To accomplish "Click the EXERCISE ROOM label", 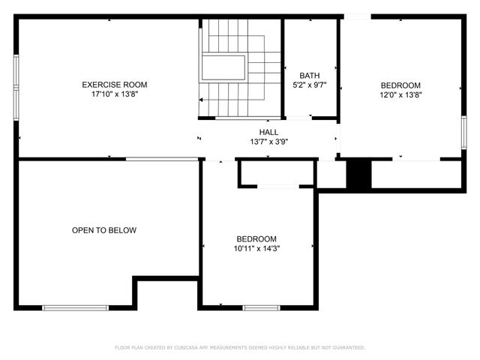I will click(x=114, y=85).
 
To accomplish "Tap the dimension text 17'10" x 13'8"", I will click(x=114, y=94).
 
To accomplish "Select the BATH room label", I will click(x=309, y=75).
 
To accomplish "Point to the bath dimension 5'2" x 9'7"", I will click(x=309, y=85).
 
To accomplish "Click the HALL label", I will click(x=268, y=132).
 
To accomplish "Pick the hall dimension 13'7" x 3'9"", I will click(x=268, y=142).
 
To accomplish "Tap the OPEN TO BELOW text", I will click(x=104, y=230).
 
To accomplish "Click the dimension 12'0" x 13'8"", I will click(x=400, y=94).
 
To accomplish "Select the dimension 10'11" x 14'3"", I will click(x=256, y=248).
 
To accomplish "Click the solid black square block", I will click(x=358, y=174).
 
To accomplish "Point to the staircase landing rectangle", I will click(x=222, y=67).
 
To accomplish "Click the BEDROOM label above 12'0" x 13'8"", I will click(x=400, y=85).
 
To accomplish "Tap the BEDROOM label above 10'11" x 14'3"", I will click(x=256, y=238).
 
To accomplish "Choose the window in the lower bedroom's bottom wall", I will click(x=261, y=307).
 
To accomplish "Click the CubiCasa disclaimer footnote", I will click(x=240, y=347).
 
